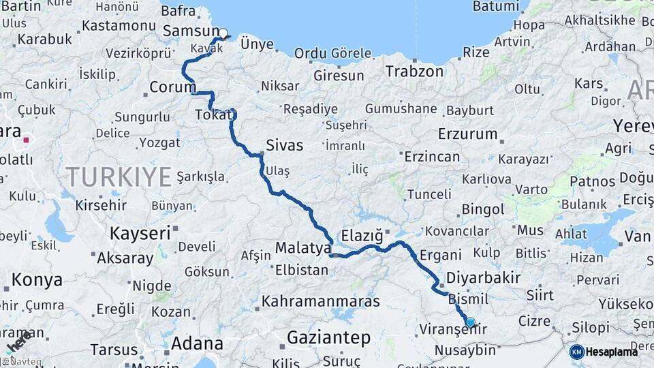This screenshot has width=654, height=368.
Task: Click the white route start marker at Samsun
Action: pyautogui.click(x=223, y=33)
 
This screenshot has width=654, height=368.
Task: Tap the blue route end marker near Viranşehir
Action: pyautogui.click(x=470, y=322)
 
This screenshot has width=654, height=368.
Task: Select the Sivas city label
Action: pyautogui.click(x=284, y=145)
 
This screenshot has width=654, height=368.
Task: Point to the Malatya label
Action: pyautogui.click(x=302, y=247)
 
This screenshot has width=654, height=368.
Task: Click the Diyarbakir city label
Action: pyautogui.click(x=484, y=277)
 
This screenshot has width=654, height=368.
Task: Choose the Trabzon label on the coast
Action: pyautogui.click(x=414, y=71)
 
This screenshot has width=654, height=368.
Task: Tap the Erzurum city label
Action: pyautogui.click(x=468, y=134)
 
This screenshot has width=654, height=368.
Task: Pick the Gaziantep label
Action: pyautogui.click(x=328, y=337)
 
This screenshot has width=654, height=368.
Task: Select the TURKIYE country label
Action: pyautogui.click(x=119, y=177)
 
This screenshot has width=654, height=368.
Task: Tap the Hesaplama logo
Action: pyautogui.click(x=604, y=352)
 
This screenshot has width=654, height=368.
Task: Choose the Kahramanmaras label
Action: pyautogui.click(x=320, y=301)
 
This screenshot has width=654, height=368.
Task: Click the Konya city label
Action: pyautogui.click(x=37, y=279)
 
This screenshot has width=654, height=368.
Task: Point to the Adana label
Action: pyautogui.click(x=197, y=343)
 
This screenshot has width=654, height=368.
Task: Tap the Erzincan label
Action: pyautogui.click(x=432, y=157)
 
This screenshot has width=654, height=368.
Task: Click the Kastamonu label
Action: pyautogui.click(x=119, y=26)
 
